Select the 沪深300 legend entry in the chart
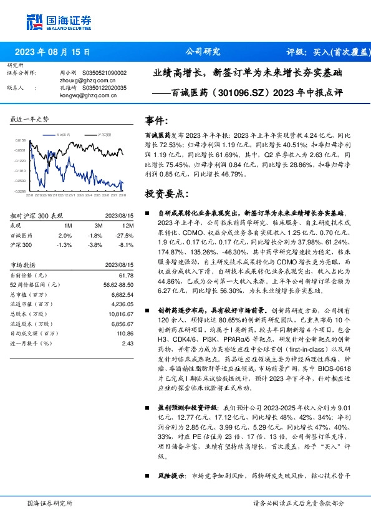pos(104,135)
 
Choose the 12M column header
pos(129,224)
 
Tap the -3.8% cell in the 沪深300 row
pos(96,245)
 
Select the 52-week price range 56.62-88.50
pos(117,284)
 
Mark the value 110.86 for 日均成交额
pos(125,334)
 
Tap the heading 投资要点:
pos(166,194)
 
